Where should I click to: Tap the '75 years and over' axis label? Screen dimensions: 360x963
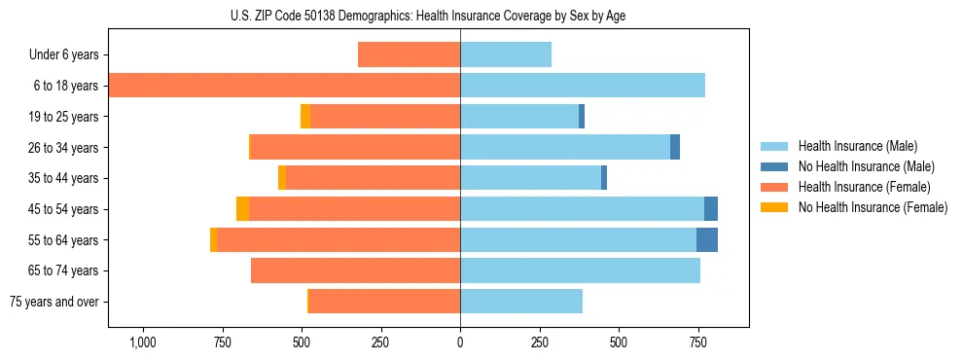[x=54, y=302]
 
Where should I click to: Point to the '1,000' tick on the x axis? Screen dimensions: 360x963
[x=143, y=342]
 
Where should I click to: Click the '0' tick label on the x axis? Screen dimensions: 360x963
[x=460, y=342]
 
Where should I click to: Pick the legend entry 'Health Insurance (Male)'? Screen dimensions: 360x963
[x=857, y=146]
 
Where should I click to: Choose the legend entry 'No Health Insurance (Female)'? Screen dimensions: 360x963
[x=873, y=207]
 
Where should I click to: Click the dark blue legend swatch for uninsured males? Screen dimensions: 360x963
[x=775, y=166]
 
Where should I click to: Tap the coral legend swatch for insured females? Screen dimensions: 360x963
[x=775, y=187]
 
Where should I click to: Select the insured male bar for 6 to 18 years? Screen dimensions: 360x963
[x=583, y=86]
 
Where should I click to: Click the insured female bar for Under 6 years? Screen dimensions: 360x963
[x=409, y=54]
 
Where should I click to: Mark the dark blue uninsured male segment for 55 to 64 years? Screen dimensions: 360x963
[x=707, y=239]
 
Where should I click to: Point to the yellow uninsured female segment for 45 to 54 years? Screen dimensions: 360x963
[x=242, y=209]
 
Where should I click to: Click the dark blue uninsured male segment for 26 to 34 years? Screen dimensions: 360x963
[x=675, y=147]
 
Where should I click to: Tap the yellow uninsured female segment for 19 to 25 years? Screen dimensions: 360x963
[x=305, y=117]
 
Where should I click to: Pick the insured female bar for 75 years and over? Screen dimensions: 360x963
[x=384, y=302]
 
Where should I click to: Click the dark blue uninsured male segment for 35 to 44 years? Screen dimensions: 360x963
[x=604, y=178]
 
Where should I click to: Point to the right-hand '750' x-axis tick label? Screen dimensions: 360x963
[x=697, y=342]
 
